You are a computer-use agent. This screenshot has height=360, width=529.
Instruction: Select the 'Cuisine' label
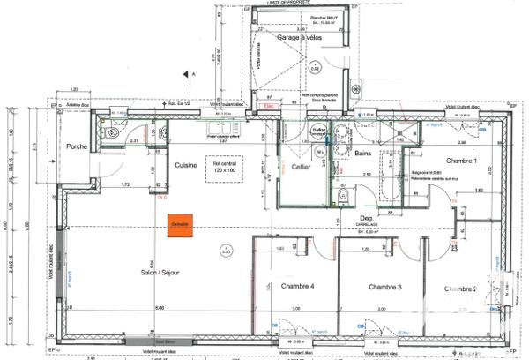click(x=185, y=165)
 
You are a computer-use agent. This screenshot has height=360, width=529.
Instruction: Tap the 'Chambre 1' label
click(x=460, y=161)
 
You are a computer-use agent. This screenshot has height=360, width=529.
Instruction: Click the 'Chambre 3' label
click(x=385, y=288)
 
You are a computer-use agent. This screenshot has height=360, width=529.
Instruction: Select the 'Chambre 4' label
click(x=297, y=288)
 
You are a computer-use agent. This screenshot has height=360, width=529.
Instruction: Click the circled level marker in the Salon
click(x=226, y=252)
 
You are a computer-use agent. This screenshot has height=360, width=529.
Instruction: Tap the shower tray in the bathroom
click(x=406, y=132)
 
